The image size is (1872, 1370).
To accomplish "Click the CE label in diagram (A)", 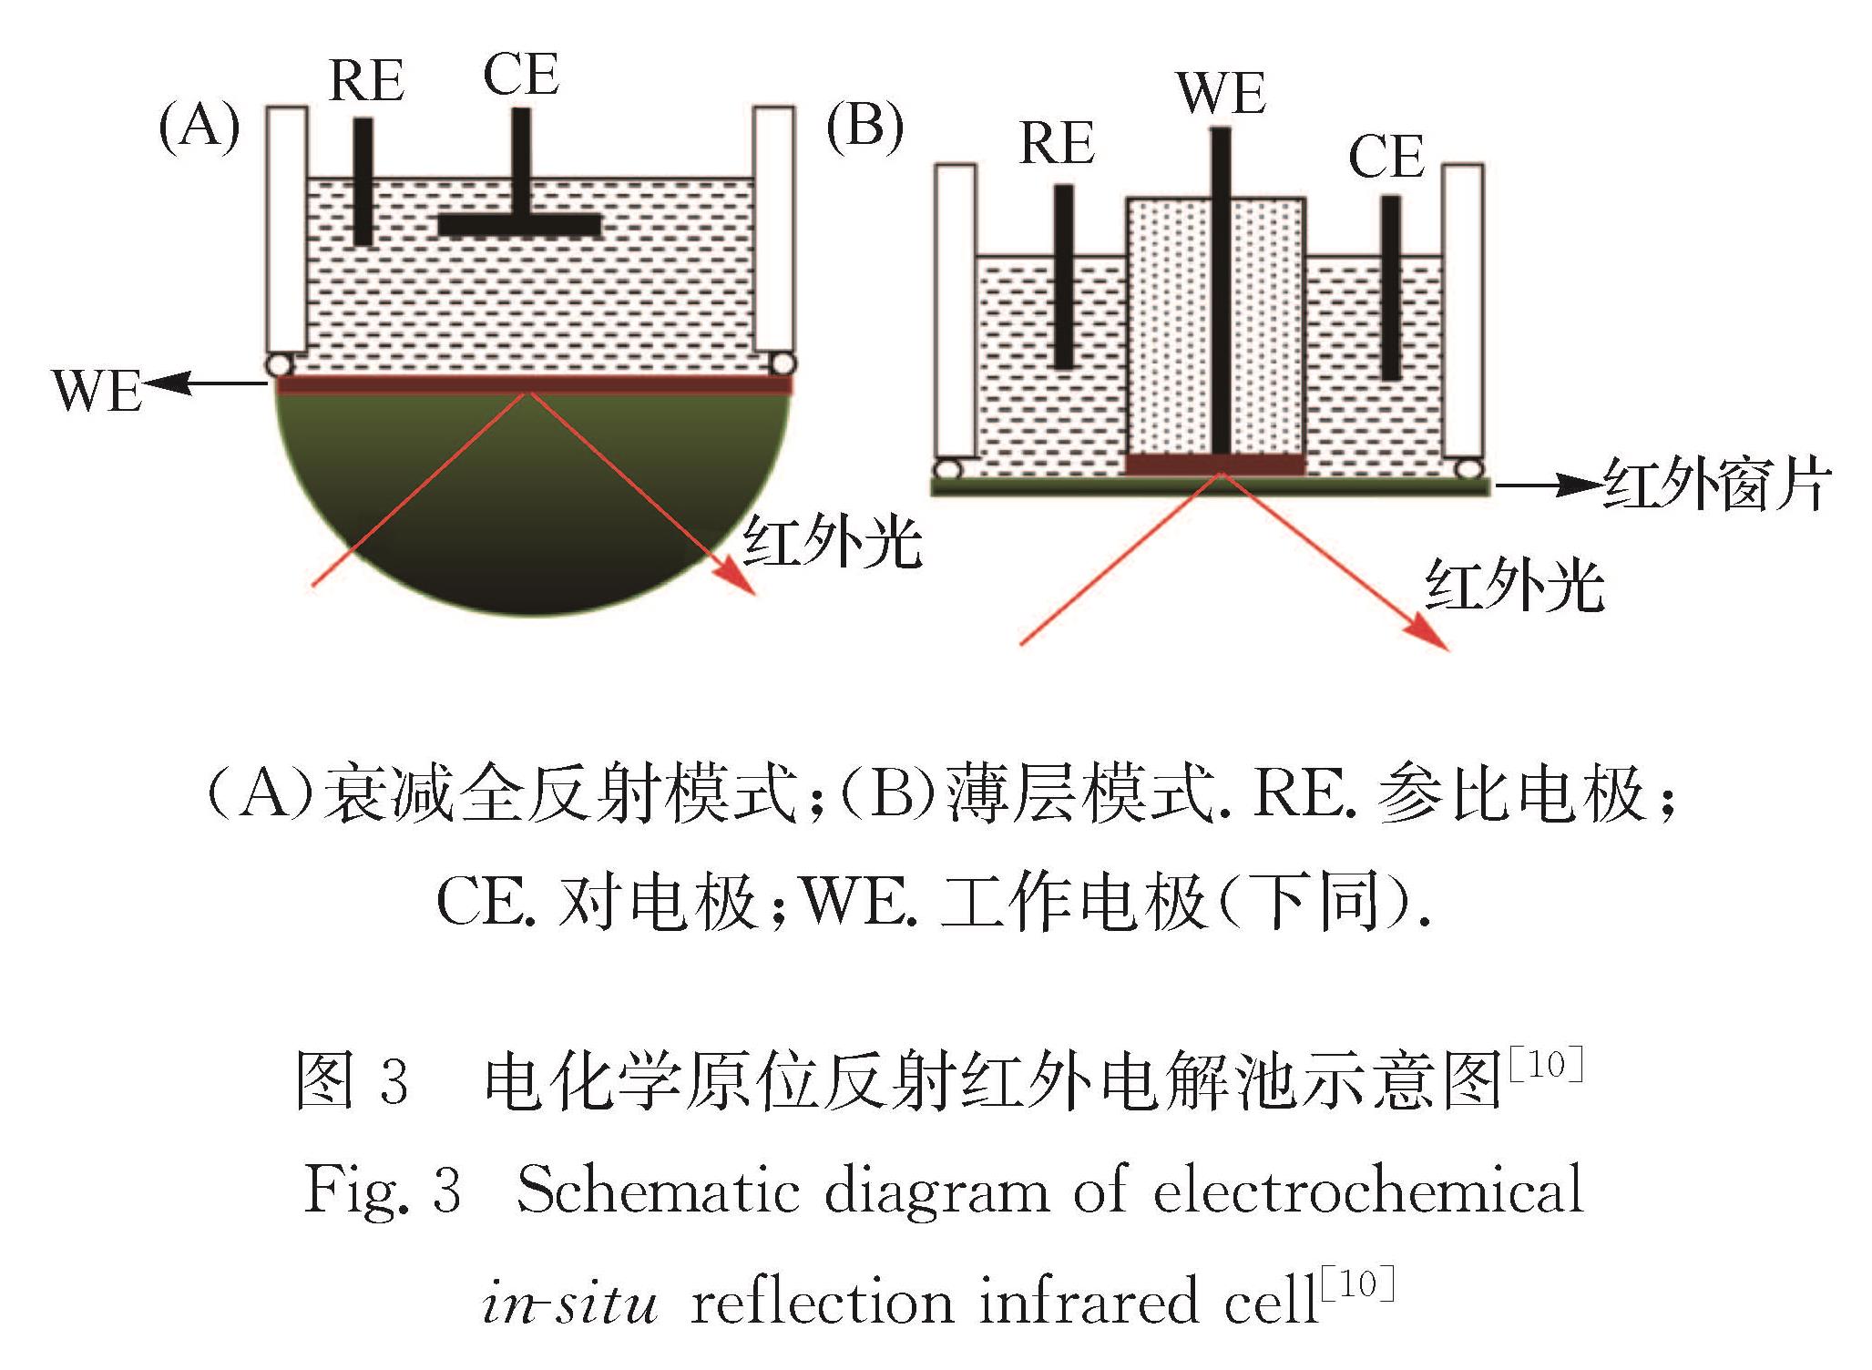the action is click(521, 74).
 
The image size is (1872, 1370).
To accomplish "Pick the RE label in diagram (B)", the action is click(1057, 143).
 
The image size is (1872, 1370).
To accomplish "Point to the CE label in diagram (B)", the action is click(1386, 157).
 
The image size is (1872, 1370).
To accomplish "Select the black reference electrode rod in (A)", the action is click(363, 182).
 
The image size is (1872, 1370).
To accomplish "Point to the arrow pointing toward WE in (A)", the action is click(206, 384).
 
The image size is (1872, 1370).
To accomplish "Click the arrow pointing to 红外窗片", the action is click(1548, 486).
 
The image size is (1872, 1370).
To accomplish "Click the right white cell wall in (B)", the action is click(1463, 311).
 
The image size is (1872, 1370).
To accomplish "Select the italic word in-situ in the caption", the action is click(570, 1303).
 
